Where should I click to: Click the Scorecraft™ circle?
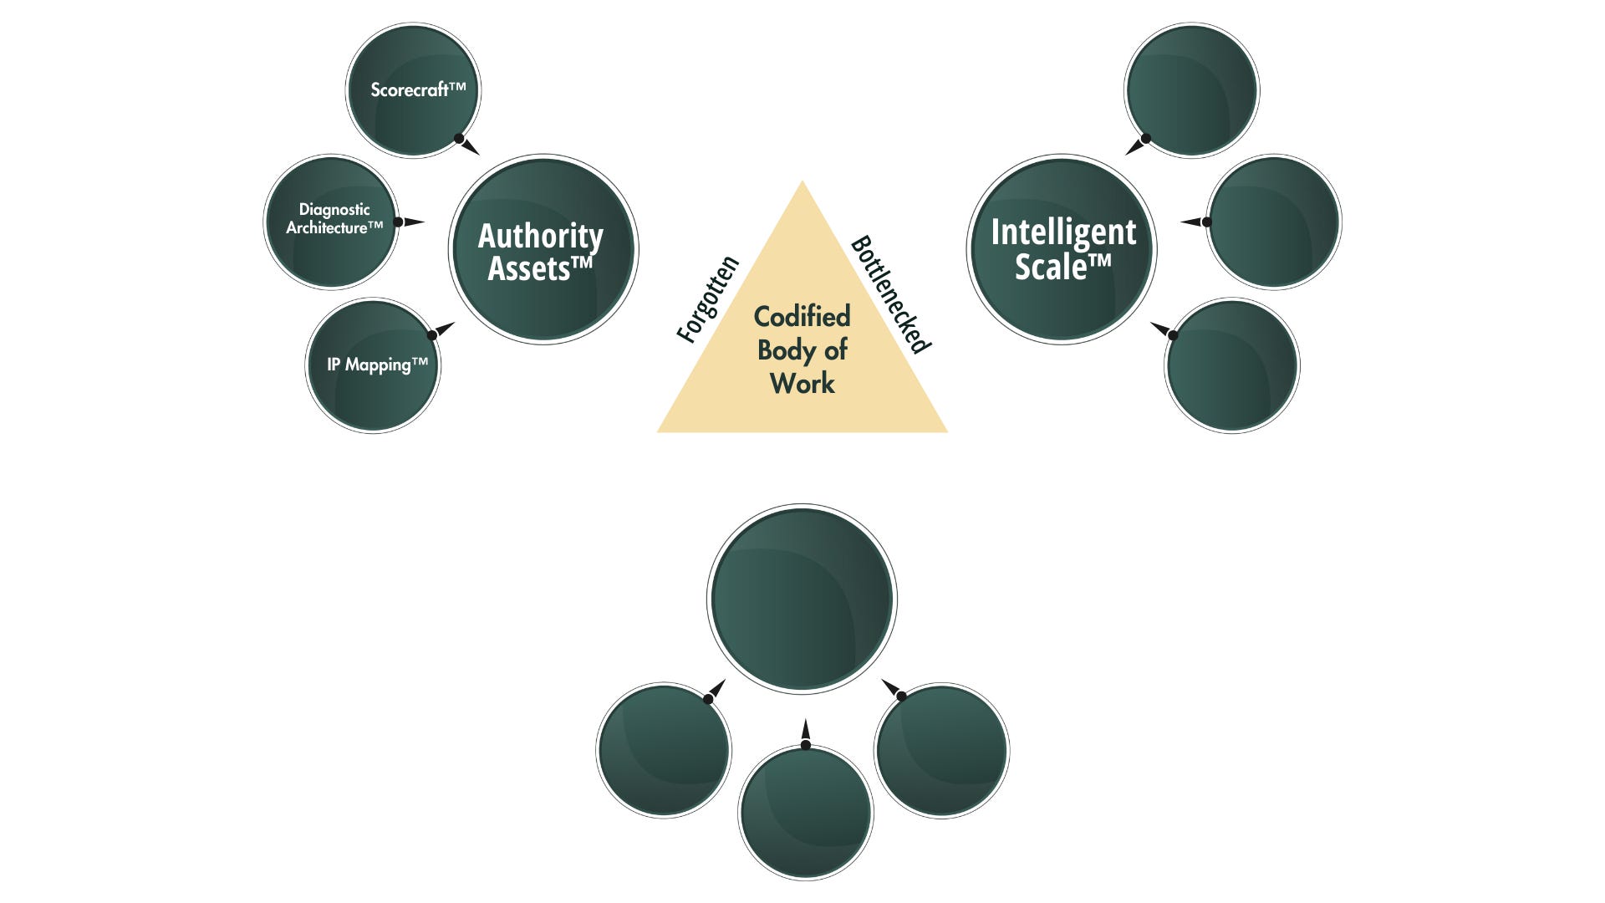pos(413,90)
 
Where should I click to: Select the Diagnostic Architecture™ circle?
pos(331,222)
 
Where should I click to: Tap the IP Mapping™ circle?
pos(373,365)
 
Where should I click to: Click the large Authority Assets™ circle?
pos(543,249)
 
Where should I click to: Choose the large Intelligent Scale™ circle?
pos(1062,249)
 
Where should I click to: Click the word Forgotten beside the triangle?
pos(708,299)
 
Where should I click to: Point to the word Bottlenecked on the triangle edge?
pos(891,293)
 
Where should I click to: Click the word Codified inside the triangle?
pos(802,316)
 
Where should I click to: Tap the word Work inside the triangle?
pos(802,383)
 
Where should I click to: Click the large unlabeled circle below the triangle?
pos(802,599)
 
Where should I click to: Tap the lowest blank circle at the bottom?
pos(806,813)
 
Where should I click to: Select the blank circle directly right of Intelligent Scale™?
pos(1274,222)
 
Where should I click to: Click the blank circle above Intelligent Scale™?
pos(1191,90)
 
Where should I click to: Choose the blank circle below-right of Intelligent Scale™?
pos(1232,365)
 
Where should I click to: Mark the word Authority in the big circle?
pos(540,236)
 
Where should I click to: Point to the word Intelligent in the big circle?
pos(1063,232)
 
